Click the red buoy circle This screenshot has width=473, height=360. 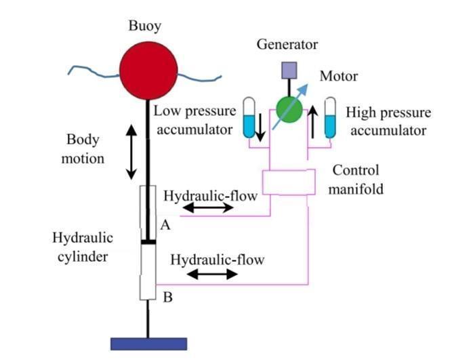[148, 71]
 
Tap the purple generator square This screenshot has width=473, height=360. [289, 71]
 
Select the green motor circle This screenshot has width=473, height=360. [289, 110]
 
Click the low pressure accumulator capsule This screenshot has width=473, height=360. [249, 117]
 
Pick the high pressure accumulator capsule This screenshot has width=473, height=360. [330, 117]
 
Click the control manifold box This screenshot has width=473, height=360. [289, 182]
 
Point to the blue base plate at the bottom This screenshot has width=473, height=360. [148, 344]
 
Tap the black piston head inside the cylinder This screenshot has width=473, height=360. [148, 242]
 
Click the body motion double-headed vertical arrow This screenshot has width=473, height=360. [131, 152]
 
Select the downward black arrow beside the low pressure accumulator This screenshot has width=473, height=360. [260, 127]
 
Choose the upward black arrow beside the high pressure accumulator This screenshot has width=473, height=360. [313, 122]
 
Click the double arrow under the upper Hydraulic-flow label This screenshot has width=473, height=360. [208, 207]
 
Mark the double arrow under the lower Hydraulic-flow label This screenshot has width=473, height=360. [212, 274]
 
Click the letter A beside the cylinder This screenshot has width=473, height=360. [165, 225]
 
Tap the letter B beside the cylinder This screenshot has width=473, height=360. [168, 297]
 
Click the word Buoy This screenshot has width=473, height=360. [145, 26]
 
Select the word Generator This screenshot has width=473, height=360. [287, 44]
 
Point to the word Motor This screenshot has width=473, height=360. [339, 76]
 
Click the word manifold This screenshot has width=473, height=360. [356, 189]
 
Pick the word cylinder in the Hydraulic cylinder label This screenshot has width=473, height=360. [83, 258]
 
